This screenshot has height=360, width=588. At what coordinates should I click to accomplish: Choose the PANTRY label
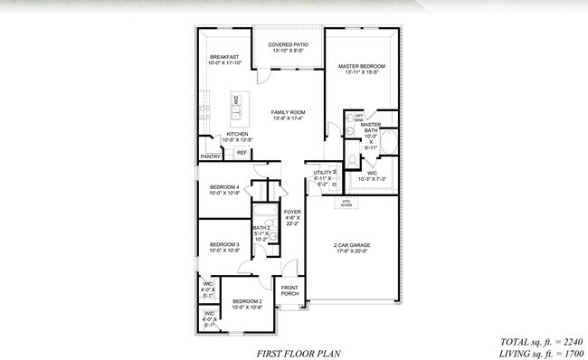[210, 157]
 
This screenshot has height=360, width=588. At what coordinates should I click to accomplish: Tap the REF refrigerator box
[242, 153]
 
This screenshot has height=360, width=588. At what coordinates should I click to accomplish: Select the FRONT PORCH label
[290, 291]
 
